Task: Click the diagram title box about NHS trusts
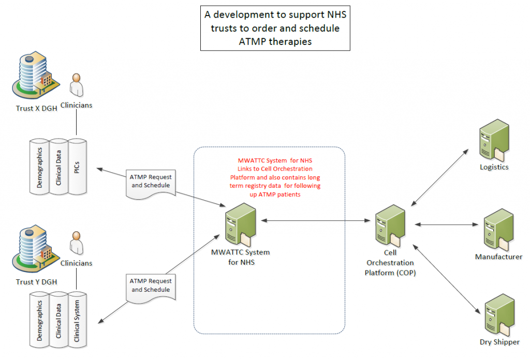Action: pyautogui.click(x=275, y=28)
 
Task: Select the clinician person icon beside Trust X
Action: pyautogui.click(x=77, y=85)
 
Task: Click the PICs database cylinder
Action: pyautogui.click(x=77, y=167)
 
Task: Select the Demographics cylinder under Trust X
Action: pyautogui.click(x=39, y=167)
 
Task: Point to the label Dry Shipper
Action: pyautogui.click(x=499, y=342)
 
